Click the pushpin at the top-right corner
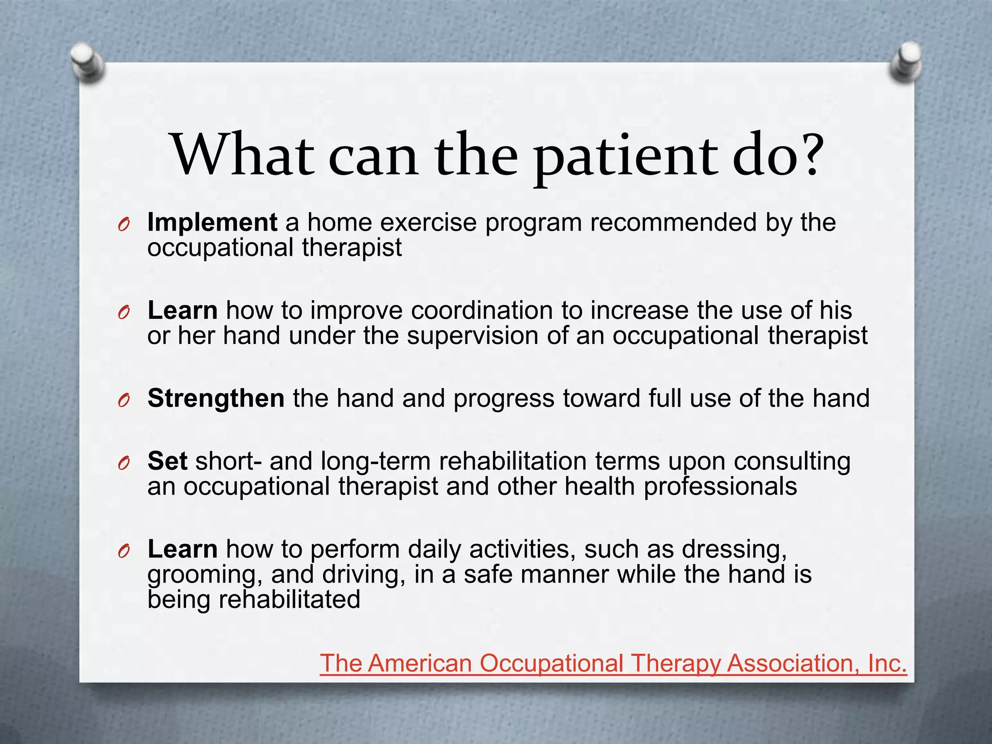pos(904,62)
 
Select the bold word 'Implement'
pos(212,223)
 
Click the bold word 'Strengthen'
pos(216,398)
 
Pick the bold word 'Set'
pos(167,461)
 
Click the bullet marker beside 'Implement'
pos(124,225)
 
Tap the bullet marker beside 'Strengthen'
pos(124,401)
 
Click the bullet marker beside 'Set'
pos(124,464)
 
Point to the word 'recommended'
pos(673,223)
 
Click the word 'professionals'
pos(720,486)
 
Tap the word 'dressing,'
pos(734,550)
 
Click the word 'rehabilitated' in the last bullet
pos(289,600)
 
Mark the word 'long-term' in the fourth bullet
pos(375,461)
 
